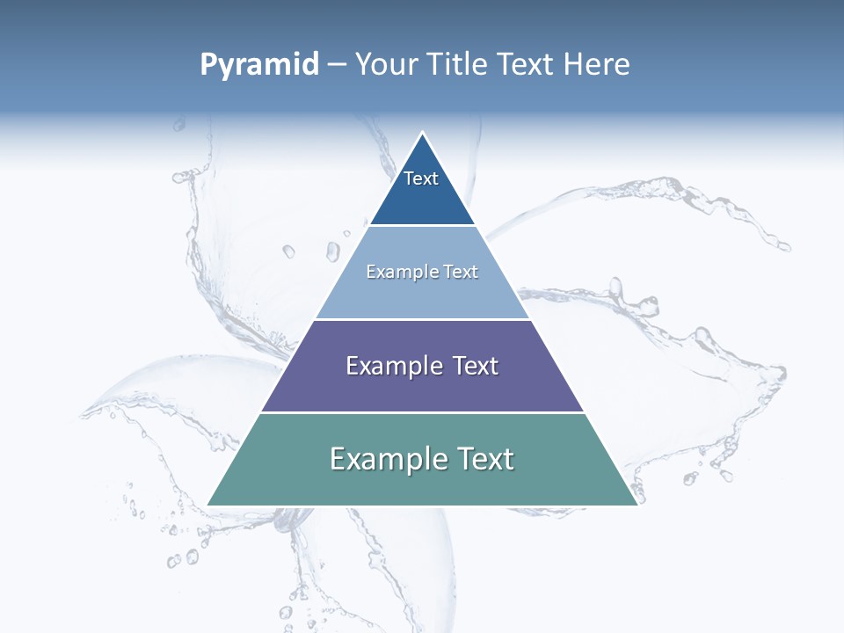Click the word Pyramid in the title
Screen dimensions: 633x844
(x=259, y=65)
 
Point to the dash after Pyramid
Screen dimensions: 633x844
(x=337, y=66)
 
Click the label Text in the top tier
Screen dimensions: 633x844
(x=421, y=178)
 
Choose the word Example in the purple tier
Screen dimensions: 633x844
(x=393, y=366)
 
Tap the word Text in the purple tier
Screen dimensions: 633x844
(x=476, y=366)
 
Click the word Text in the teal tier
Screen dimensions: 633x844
(x=484, y=459)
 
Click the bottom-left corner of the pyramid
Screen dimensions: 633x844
(x=208, y=505)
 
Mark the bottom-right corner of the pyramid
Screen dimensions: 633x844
(x=637, y=505)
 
